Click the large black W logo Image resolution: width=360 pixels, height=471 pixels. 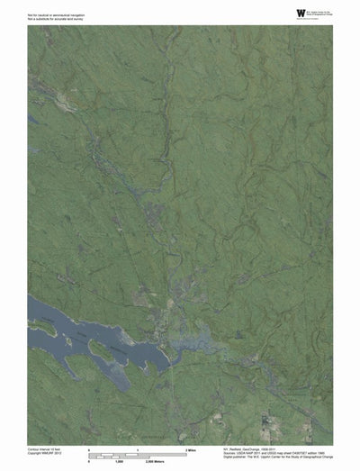tap(300, 13)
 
